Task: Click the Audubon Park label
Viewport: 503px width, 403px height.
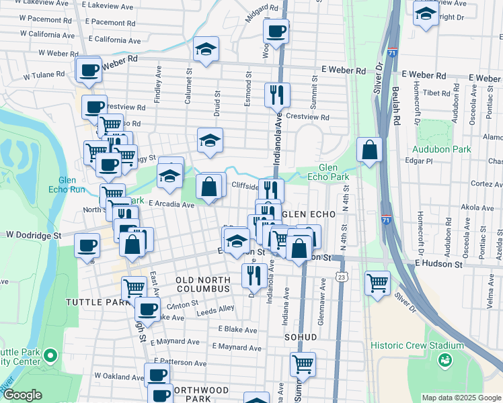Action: (444, 149)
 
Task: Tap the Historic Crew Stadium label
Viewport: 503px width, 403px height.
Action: (417, 345)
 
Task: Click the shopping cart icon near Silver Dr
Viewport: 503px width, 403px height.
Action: (377, 282)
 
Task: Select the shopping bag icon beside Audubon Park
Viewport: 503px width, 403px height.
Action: (369, 150)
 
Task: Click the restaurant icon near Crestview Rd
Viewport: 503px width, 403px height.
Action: (276, 95)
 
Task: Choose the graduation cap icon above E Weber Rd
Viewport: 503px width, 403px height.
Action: (206, 49)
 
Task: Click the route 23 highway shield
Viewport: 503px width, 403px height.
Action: (342, 277)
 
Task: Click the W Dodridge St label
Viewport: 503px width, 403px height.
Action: (34, 236)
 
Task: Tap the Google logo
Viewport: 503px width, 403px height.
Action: (22, 395)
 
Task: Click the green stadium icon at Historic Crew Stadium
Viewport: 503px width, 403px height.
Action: (444, 361)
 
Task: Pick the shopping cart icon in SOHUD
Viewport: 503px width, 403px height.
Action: (303, 364)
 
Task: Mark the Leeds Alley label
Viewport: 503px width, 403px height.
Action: (216, 308)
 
